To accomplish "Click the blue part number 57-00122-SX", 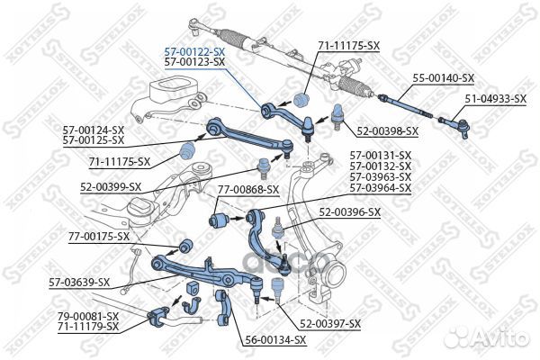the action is (194, 52).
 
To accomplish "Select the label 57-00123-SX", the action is (194, 62).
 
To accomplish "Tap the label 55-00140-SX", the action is (443, 78).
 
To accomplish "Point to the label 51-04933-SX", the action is (496, 99).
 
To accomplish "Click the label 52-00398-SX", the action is (387, 131).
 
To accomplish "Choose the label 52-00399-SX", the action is (111, 187).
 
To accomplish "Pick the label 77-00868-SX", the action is (248, 190).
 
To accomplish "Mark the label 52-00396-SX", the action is (349, 212).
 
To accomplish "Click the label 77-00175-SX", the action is (99, 237).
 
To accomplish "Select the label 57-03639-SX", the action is (79, 283).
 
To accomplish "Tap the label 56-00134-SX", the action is (275, 340).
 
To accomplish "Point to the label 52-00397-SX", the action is (330, 324).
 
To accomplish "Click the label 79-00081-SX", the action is (88, 316).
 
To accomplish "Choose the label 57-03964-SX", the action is (381, 188).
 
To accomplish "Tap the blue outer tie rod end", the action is (455, 125).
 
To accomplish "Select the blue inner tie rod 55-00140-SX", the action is (405, 106).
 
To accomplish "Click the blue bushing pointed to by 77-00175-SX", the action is (186, 245).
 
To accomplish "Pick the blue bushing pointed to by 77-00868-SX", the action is (219, 220).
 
